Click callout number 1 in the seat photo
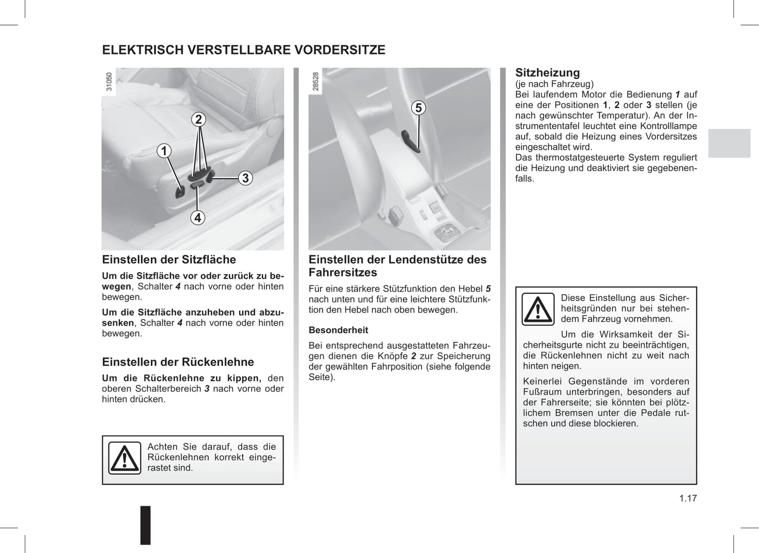164,151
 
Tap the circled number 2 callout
198,119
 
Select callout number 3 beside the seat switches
245,178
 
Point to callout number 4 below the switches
197,217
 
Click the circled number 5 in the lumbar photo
418,108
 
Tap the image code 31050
109,82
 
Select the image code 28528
316,82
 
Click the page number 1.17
688,498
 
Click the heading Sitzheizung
547,73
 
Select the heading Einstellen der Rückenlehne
178,362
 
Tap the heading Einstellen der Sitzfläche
169,259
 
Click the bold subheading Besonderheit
338,330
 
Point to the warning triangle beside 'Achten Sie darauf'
124,458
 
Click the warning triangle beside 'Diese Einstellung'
538,309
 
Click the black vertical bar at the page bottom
145,525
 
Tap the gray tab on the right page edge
729,143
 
